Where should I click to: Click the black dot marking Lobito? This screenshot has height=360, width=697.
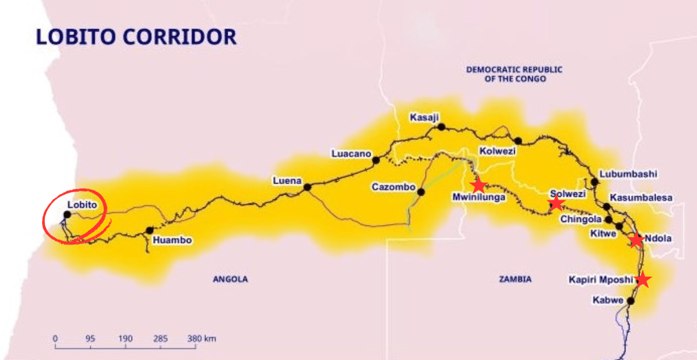pyautogui.click(x=67, y=214)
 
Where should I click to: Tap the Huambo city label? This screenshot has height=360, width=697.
pyautogui.click(x=172, y=240)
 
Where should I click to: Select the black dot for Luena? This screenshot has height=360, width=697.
pyautogui.click(x=307, y=187)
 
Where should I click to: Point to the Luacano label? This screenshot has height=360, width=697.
pyautogui.click(x=351, y=154)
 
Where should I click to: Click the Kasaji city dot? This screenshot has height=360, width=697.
pyautogui.click(x=441, y=126)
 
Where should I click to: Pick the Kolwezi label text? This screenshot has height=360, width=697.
pyautogui.click(x=497, y=151)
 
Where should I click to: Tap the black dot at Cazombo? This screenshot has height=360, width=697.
pyautogui.click(x=421, y=192)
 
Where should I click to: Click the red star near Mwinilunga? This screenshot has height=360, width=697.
pyautogui.click(x=478, y=186)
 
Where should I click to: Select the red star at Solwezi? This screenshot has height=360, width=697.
pyautogui.click(x=556, y=203)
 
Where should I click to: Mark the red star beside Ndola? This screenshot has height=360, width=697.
pyautogui.click(x=636, y=240)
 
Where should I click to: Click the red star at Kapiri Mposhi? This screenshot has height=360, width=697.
pyautogui.click(x=642, y=280)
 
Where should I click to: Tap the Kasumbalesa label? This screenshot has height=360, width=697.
pyautogui.click(x=641, y=198)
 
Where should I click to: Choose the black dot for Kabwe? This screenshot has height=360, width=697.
pyautogui.click(x=630, y=301)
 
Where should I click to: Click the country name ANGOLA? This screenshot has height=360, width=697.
pyautogui.click(x=230, y=280)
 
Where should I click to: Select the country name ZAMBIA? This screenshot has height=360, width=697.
pyautogui.click(x=515, y=280)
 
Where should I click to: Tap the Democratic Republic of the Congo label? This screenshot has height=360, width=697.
pyautogui.click(x=514, y=74)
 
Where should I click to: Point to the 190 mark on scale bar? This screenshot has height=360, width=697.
pyautogui.click(x=125, y=338)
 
